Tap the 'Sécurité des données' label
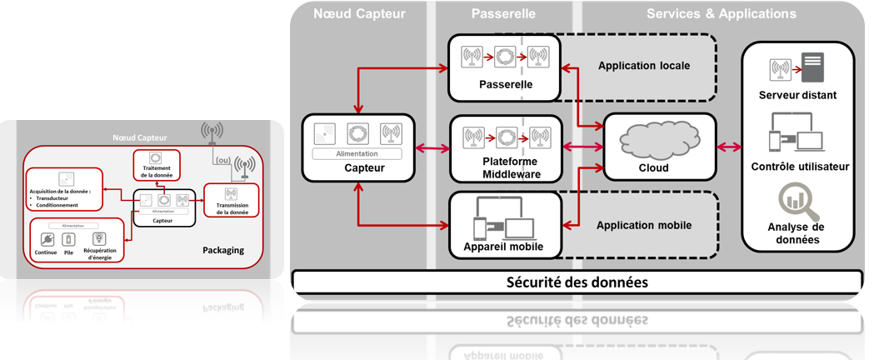pos(577,282)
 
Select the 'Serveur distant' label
pos(797,95)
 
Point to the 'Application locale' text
pos(644,66)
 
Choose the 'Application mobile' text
pos(644,225)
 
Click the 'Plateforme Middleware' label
pos(510,167)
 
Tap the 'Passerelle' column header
pos(503,13)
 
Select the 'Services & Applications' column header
pos(721,13)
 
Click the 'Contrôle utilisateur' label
pos(800,166)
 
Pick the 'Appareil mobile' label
pos(503,247)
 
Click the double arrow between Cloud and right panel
pos(729,147)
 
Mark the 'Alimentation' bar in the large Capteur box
pos(357,154)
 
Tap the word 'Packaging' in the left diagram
pos(223,250)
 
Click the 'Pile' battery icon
pos(69,240)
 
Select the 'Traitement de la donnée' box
pos(156,166)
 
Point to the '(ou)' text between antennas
pos(223,161)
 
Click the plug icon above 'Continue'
pos(47,239)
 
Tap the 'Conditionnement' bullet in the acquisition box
pos(57,205)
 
